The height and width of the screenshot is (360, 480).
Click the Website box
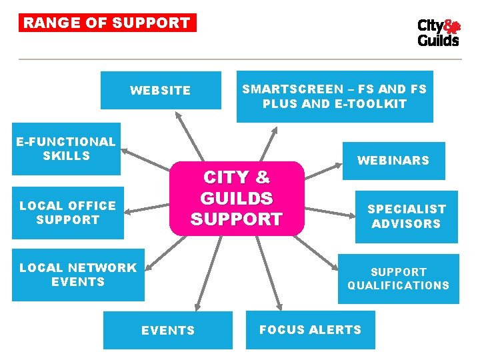tap(161, 90)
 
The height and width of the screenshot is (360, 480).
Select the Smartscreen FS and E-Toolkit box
tap(335, 97)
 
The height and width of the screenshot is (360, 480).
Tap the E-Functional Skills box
tap(66, 149)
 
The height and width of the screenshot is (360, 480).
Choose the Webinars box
tap(393, 161)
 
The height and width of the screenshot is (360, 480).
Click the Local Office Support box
tap(67, 213)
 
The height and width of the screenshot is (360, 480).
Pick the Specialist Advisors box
tap(406, 217)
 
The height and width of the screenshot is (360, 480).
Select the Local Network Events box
tap(78, 275)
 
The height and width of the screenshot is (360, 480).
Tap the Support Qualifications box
tap(399, 279)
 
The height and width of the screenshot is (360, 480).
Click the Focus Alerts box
tap(311, 330)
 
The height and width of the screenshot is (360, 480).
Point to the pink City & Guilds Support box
tap(237, 198)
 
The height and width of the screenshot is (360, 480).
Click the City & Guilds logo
tap(438, 33)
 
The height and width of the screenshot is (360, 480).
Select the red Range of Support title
tap(107, 23)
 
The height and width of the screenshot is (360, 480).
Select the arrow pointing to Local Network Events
tap(163, 251)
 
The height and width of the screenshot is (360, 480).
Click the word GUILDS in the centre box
tap(237, 198)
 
